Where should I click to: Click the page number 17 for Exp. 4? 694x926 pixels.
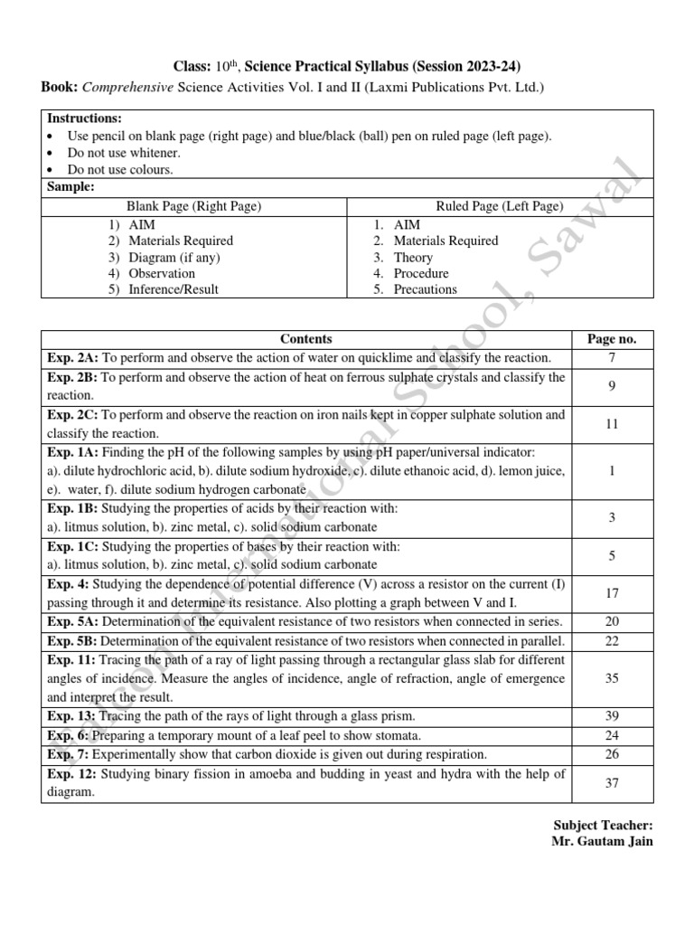(612, 593)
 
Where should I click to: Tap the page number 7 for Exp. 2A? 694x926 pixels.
(612, 359)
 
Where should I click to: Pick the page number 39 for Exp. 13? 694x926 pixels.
(612, 715)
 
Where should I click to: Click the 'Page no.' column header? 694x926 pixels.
(612, 339)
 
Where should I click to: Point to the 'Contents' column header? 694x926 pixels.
(305, 339)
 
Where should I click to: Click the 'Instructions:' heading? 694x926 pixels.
(84, 118)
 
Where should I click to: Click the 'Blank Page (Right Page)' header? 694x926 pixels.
(193, 206)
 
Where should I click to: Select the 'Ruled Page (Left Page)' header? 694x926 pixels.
(499, 206)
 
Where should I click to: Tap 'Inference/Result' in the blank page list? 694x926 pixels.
(173, 289)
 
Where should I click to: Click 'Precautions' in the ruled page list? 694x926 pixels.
(426, 289)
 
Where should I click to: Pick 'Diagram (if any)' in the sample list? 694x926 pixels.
(174, 257)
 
